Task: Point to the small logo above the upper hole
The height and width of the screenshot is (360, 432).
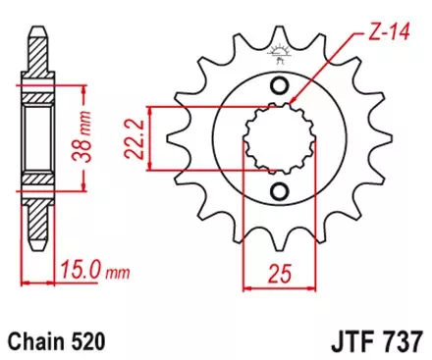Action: [x=278, y=60]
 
